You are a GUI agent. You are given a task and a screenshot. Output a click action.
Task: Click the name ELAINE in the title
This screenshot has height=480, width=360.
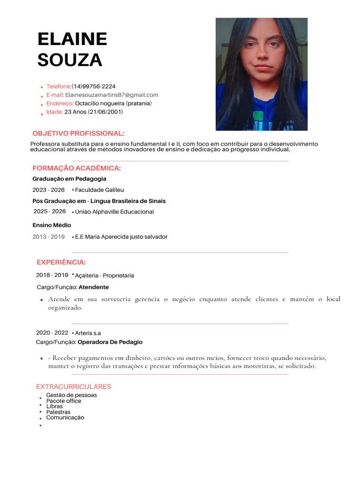(72, 39)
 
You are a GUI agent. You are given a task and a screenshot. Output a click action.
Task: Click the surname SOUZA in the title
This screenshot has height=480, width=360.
(69, 60)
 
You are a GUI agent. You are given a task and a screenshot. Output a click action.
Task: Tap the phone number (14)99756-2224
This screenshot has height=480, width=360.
(93, 86)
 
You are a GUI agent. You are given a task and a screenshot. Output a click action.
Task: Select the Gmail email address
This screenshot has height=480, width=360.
(112, 95)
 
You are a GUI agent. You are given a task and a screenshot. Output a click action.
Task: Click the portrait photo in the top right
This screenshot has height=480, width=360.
(261, 74)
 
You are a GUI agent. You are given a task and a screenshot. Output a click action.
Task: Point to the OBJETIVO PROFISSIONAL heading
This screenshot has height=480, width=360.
(78, 134)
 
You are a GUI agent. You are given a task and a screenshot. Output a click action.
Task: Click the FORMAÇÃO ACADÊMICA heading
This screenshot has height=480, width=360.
(76, 168)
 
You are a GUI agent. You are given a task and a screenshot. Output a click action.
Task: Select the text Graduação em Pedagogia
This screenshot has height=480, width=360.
(69, 179)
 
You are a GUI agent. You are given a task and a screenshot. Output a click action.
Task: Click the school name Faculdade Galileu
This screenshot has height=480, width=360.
(99, 190)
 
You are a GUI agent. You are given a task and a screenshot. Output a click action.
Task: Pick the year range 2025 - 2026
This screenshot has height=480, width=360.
(50, 211)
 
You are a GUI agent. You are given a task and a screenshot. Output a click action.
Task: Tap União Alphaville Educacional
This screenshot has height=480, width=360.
(114, 212)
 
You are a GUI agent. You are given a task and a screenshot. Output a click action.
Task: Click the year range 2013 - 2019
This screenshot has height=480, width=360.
(48, 237)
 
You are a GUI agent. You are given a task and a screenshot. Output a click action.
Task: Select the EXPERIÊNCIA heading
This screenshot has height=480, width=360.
(61, 262)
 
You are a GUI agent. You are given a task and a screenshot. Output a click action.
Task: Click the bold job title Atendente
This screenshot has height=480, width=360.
(93, 287)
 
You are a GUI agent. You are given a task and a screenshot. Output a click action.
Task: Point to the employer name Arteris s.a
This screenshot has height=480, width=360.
(88, 333)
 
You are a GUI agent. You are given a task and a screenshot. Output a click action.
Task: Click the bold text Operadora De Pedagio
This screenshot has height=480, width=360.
(110, 342)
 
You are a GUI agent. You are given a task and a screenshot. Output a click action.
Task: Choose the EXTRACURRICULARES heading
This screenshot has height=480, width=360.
(74, 387)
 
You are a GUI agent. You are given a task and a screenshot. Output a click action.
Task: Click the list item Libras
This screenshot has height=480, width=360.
(54, 406)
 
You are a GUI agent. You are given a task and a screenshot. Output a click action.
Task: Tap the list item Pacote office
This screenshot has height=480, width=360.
(63, 401)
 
